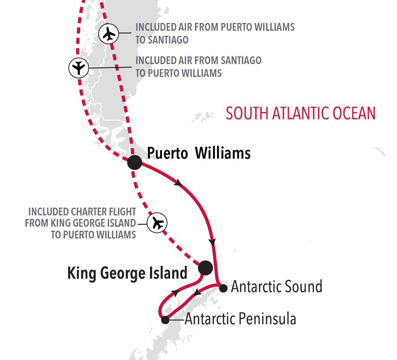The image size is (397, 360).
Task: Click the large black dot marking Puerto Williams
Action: coord(135,162)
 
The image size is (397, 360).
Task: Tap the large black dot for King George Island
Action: coord(205,268)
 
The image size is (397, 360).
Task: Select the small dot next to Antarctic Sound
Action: coord(223,287)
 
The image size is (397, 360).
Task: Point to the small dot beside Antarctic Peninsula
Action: coord(165,320)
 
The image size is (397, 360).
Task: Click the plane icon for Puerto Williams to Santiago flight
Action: coord(108,34)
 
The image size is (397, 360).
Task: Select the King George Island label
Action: coord(127,273)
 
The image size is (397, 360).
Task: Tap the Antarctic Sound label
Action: coord(276,286)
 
